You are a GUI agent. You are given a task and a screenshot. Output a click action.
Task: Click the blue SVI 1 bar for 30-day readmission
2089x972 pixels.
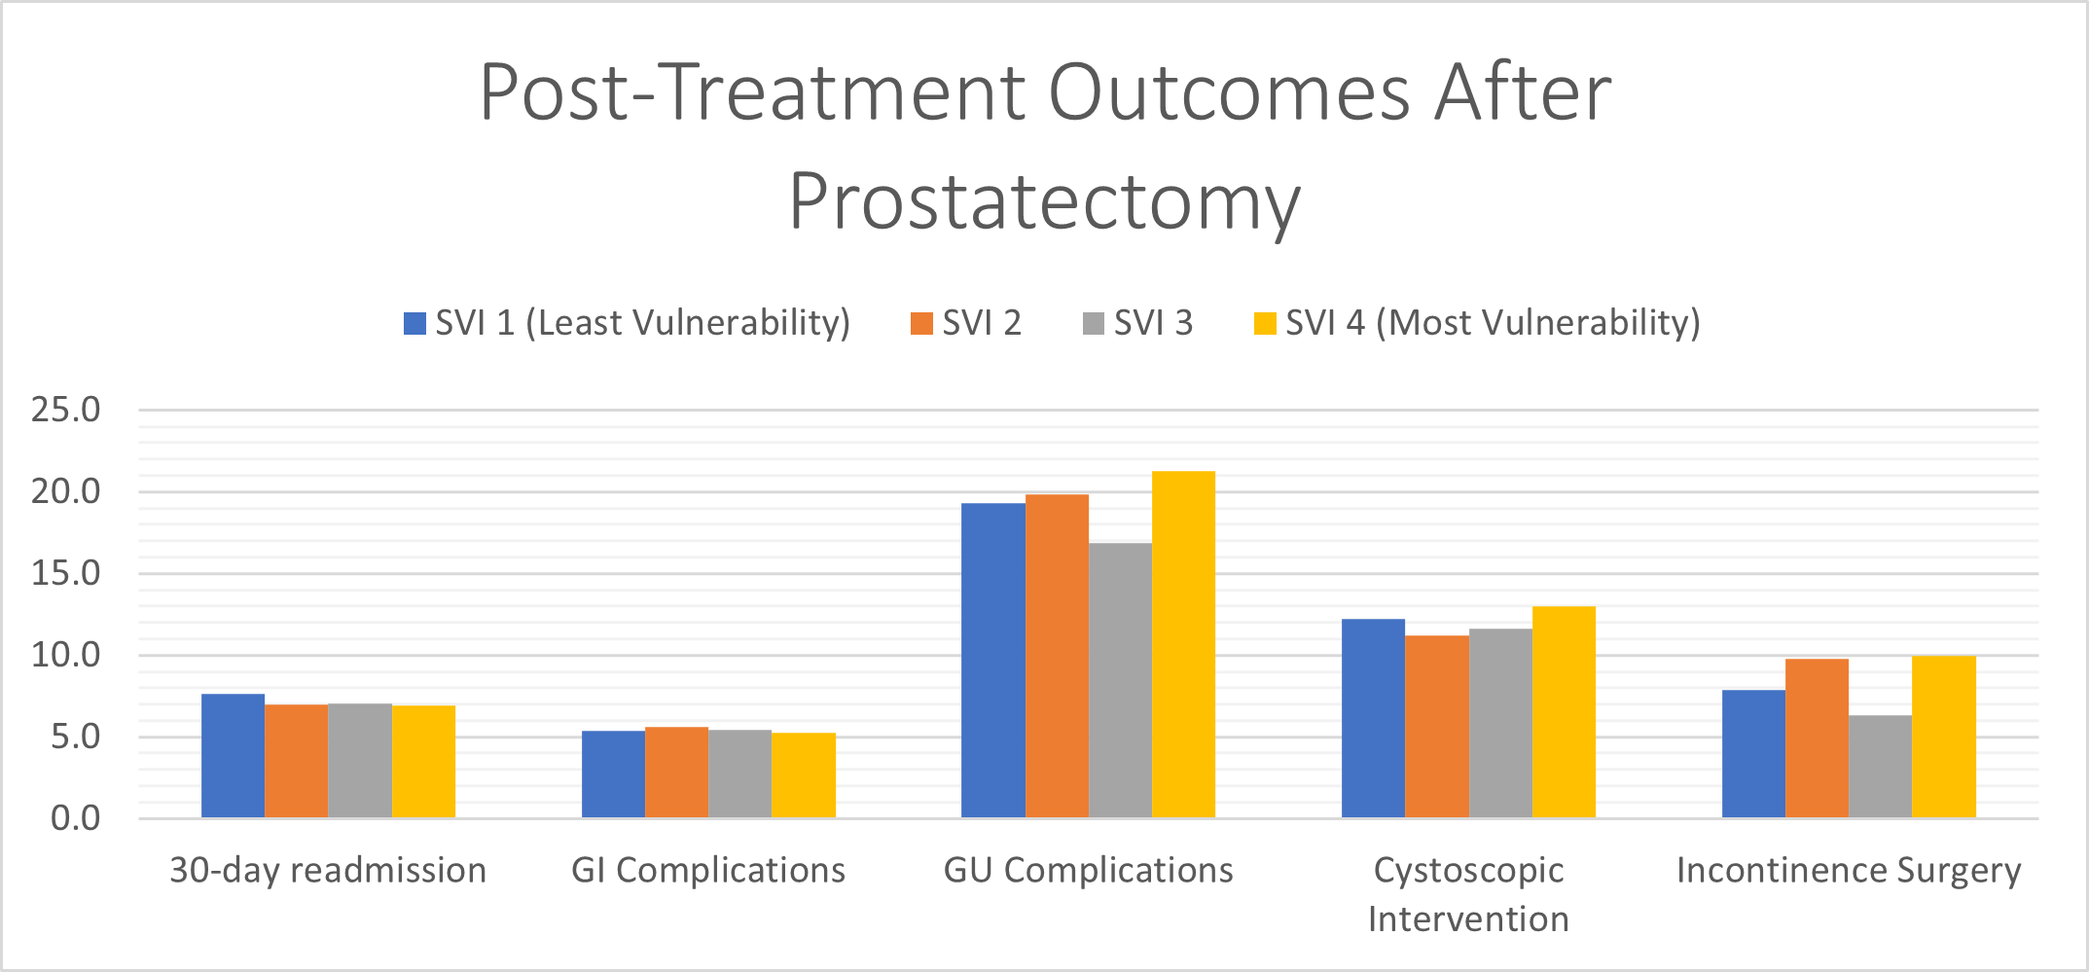click(233, 756)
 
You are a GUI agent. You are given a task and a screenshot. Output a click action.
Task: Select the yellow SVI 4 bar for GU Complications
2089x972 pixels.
click(1183, 644)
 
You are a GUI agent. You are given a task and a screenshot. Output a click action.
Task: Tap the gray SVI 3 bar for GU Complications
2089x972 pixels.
click(1120, 680)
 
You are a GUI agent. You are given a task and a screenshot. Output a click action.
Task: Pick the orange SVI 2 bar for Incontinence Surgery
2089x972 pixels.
click(1817, 738)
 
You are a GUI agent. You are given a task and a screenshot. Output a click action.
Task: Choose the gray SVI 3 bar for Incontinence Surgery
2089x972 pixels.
click(1880, 767)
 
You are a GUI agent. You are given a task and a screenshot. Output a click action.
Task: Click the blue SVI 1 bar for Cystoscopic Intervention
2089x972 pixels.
click(1373, 718)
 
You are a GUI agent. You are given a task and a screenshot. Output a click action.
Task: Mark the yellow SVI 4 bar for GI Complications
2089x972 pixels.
click(804, 775)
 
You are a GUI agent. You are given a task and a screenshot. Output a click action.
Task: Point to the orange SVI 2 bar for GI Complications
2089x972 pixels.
click(676, 773)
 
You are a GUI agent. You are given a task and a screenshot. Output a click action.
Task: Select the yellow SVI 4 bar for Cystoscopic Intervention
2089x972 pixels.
click(1564, 712)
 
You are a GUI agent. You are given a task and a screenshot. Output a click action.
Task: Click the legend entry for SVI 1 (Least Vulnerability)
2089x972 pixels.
click(627, 322)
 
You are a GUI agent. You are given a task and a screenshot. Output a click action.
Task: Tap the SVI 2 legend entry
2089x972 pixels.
click(965, 322)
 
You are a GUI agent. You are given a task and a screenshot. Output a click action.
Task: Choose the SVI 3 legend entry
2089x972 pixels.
click(1137, 322)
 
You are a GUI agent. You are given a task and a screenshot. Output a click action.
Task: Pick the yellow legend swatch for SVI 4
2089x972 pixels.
click(1265, 323)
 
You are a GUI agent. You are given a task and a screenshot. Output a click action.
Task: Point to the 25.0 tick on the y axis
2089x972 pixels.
click(65, 410)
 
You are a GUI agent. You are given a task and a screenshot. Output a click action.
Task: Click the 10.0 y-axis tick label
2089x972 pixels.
click(65, 655)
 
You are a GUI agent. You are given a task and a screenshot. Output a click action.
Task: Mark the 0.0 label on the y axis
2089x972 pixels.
click(75, 818)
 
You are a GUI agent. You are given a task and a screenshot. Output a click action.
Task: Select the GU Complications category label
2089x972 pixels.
click(1088, 870)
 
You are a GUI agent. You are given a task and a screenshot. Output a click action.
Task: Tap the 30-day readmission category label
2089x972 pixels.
click(328, 870)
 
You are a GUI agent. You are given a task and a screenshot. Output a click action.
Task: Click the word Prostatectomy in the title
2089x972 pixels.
click(1044, 201)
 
